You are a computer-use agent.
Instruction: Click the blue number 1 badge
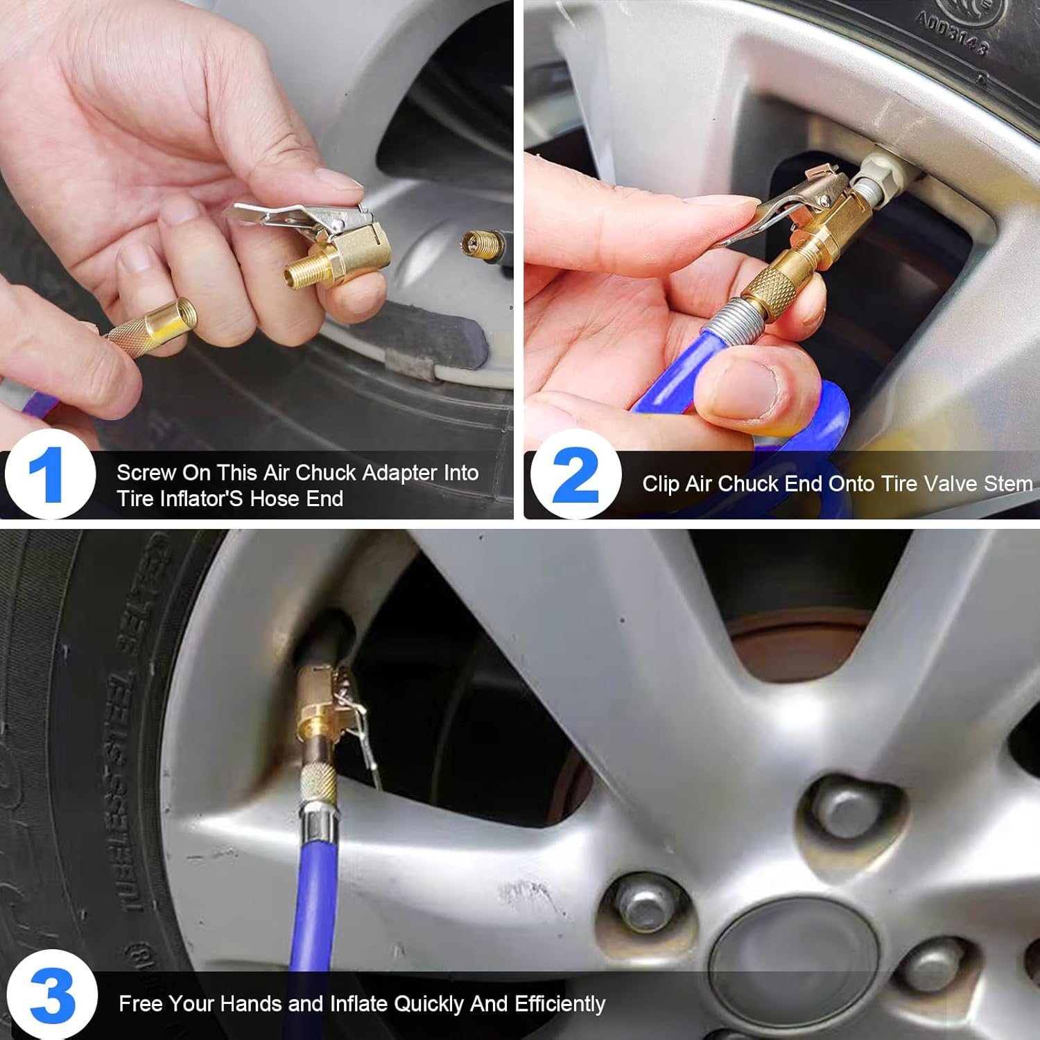(49, 474)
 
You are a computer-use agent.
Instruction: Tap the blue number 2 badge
(575, 474)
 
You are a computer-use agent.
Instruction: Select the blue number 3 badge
(51, 996)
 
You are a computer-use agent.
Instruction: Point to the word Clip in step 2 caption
(660, 483)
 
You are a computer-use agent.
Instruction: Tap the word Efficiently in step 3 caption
(563, 1003)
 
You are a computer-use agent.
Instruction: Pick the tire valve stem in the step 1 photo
(483, 244)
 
